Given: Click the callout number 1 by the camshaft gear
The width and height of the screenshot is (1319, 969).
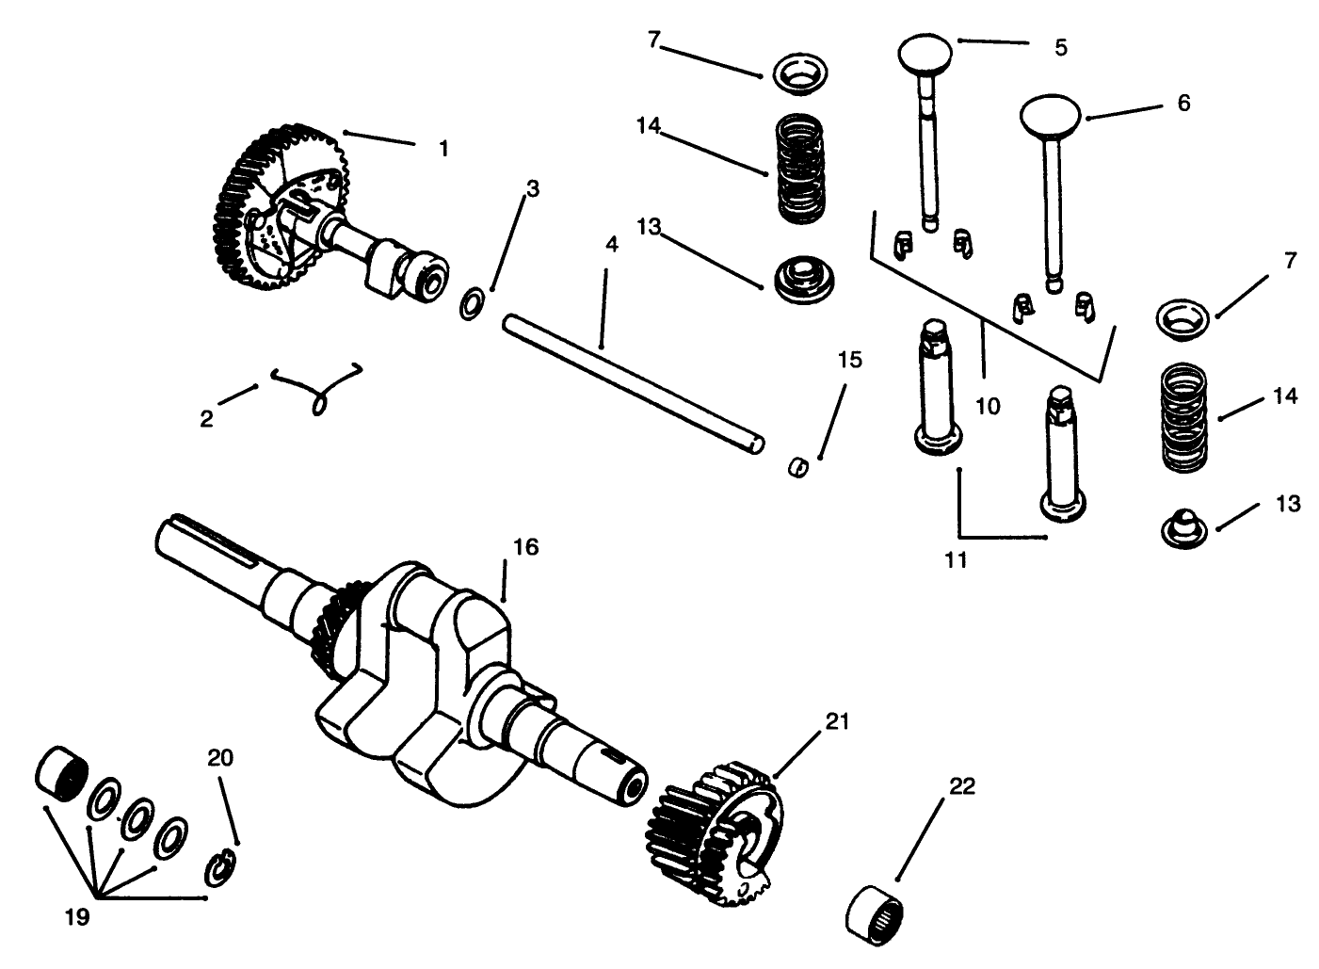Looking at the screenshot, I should [443, 149].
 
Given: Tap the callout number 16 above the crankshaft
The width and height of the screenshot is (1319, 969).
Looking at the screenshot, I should [525, 547].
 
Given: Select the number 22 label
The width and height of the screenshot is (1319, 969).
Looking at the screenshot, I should [961, 786].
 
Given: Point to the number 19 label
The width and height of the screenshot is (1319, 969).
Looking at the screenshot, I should [76, 916].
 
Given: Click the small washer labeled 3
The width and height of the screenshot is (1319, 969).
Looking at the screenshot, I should [473, 305].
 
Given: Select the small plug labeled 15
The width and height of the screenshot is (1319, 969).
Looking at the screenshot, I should [797, 466].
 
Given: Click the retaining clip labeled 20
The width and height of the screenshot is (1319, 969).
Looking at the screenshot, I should [220, 868].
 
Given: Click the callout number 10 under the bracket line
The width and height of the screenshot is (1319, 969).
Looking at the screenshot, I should [988, 406].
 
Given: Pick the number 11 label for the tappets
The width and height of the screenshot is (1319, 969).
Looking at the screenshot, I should [956, 560].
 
